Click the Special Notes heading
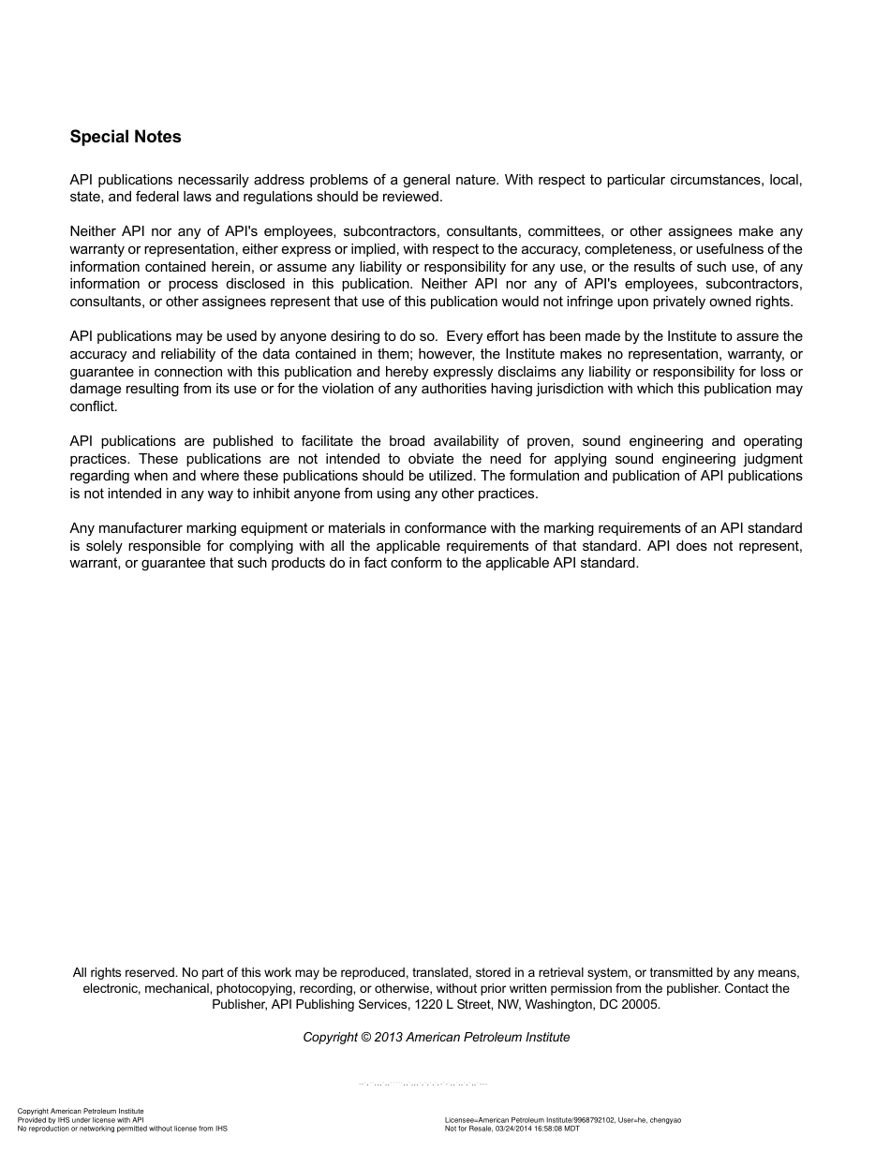(126, 137)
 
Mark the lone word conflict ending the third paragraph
(93, 406)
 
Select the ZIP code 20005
(640, 1004)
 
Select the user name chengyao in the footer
(665, 1120)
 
